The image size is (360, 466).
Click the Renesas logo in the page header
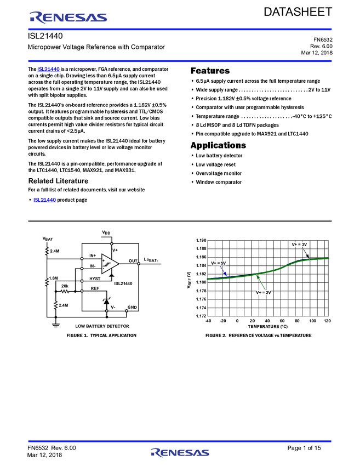[x=68, y=18]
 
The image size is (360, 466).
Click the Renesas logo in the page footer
[x=180, y=453]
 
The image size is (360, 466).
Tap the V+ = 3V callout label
[x=300, y=245]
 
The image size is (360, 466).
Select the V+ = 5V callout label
[x=219, y=263]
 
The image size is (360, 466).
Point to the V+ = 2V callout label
[x=263, y=293]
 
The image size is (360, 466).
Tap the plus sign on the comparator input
[x=104, y=260]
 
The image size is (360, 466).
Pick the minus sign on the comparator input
[x=104, y=269]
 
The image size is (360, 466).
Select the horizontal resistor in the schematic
[x=65, y=291]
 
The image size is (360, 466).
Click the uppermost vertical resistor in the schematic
[x=47, y=251]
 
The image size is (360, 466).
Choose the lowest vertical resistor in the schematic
[x=55, y=305]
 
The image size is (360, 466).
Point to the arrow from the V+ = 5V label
[x=224, y=271]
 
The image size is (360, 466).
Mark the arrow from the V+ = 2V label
[x=261, y=283]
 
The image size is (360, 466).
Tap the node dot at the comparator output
[x=139, y=264]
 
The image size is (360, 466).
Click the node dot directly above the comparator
[x=112, y=243]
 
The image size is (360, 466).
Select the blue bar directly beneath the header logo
[x=180, y=30]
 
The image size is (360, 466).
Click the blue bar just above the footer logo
[x=180, y=441]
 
